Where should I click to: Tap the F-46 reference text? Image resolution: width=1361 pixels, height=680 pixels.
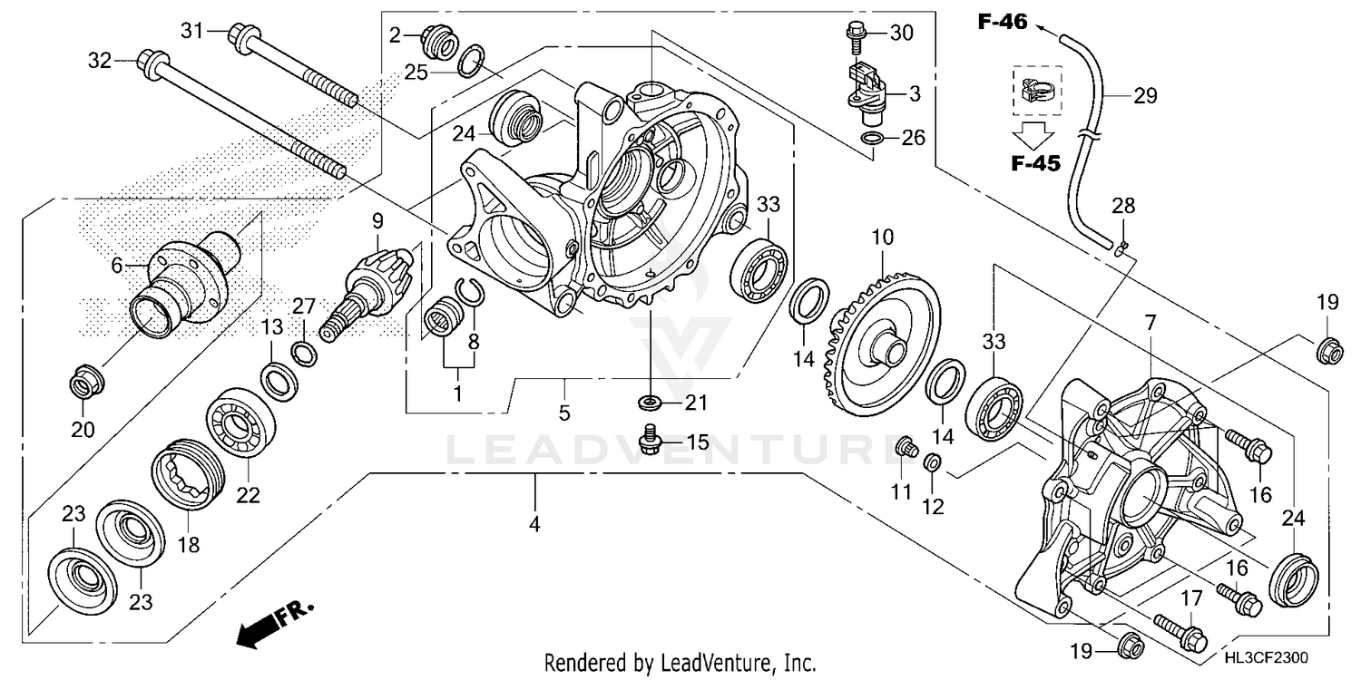1002,22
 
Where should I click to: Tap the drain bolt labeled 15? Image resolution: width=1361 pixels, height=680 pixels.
651,441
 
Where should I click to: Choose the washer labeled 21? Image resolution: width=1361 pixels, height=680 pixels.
650,401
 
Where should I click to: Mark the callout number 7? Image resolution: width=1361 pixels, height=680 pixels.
1150,322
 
